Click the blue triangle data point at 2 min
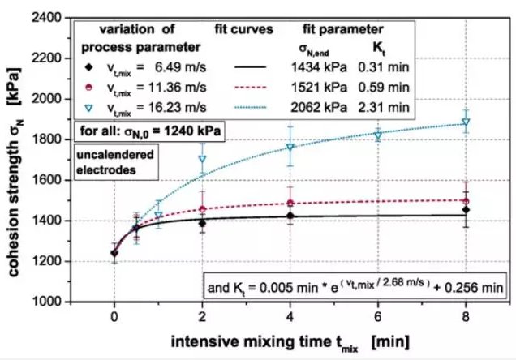pyautogui.click(x=202, y=159)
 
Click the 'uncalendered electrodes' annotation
pyautogui.click(x=110, y=161)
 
